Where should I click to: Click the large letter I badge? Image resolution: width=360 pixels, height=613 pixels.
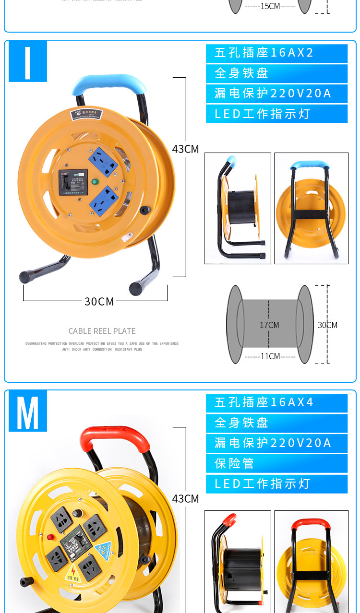(27, 61)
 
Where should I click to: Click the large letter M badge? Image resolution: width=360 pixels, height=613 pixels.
(27, 411)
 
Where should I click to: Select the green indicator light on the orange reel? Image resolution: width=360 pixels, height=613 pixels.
(95, 182)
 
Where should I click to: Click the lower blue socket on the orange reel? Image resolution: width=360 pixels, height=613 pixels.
(105, 198)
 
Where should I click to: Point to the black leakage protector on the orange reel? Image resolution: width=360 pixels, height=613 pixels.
(73, 182)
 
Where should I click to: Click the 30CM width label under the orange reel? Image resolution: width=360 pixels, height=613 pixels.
(99, 301)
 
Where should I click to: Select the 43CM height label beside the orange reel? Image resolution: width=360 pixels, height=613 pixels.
(185, 149)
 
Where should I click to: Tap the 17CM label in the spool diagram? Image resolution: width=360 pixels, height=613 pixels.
(269, 325)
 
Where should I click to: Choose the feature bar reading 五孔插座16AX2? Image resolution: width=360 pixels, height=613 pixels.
(276, 53)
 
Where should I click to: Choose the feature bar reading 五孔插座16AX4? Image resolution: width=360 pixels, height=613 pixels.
(276, 402)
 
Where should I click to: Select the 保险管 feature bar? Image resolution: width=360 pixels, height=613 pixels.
(276, 463)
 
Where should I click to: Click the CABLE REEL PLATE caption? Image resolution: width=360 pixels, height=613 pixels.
(102, 331)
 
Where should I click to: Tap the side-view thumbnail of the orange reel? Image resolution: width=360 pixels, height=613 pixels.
(238, 208)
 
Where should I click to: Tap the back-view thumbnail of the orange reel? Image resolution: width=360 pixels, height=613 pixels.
(311, 208)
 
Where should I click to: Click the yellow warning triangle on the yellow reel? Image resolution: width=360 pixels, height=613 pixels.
(72, 571)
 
